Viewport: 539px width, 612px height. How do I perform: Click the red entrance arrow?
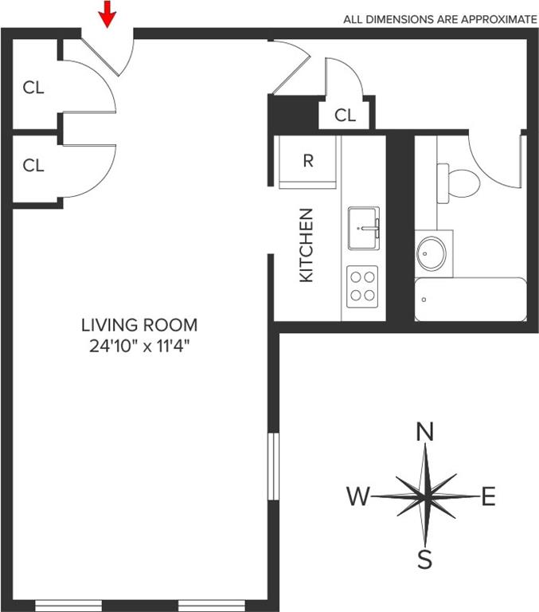click(107, 14)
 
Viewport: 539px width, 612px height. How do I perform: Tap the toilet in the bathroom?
click(459, 183)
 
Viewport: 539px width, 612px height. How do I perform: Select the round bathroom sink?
click(432, 253)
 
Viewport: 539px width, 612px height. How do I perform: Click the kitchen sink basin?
click(364, 229)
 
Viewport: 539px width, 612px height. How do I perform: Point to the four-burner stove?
click(362, 287)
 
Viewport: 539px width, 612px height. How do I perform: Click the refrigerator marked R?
click(308, 162)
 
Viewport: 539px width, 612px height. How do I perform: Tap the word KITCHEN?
click(307, 245)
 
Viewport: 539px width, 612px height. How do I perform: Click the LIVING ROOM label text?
click(139, 325)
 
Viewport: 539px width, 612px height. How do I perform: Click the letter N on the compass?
click(425, 431)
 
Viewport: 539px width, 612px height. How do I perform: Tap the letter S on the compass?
click(424, 559)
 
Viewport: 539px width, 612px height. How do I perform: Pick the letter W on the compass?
click(357, 496)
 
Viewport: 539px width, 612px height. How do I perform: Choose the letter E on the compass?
click(489, 496)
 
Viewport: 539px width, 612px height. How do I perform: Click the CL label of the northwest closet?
click(33, 88)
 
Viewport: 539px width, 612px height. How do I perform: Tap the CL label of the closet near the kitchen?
click(346, 115)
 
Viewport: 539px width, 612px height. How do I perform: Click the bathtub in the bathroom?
click(471, 300)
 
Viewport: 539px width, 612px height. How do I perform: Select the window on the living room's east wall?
click(273, 466)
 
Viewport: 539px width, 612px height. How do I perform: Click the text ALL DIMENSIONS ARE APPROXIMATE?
click(440, 19)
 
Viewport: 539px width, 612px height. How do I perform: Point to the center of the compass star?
click(424, 496)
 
